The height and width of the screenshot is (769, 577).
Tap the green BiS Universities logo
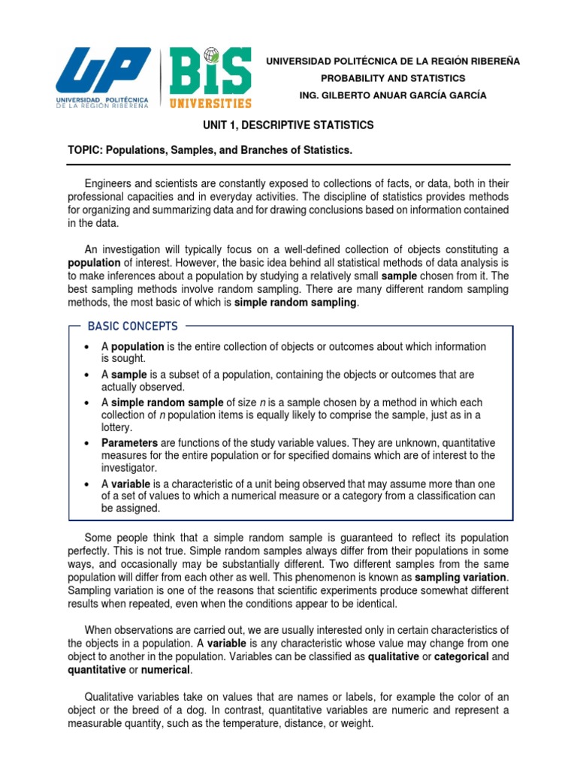click(x=211, y=78)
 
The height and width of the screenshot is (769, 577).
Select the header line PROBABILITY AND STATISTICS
click(x=393, y=78)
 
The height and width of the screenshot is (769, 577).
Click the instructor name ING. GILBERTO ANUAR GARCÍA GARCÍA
click(x=393, y=95)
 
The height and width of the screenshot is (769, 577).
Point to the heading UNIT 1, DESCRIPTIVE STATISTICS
click(x=285, y=125)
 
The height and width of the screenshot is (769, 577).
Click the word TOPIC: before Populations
click(x=86, y=151)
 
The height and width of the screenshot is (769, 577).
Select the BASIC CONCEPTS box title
click(x=132, y=326)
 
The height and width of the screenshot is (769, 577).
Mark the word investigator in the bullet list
click(x=128, y=466)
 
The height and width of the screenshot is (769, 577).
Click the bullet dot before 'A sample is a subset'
click(x=89, y=375)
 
